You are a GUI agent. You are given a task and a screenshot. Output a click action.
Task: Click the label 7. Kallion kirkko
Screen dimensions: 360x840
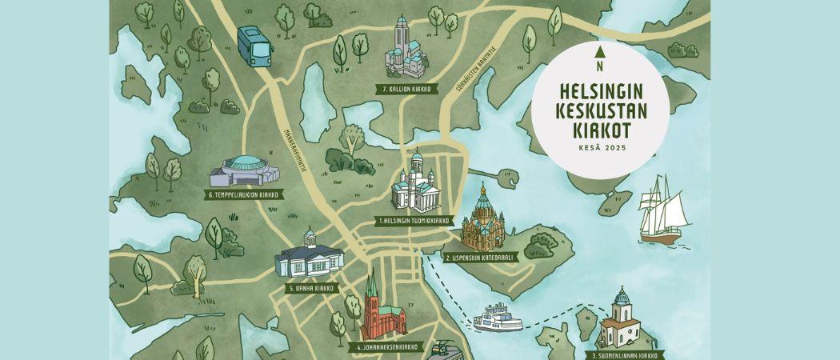(406, 90)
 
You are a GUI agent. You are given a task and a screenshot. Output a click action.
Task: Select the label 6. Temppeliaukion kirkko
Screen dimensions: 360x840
(246, 194)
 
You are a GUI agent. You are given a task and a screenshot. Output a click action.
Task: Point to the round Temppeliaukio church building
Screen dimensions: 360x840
(246, 169)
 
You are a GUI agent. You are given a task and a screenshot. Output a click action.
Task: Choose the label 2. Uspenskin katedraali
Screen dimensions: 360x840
(480, 258)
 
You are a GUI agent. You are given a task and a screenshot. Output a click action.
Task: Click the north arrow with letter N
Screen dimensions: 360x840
(600, 58)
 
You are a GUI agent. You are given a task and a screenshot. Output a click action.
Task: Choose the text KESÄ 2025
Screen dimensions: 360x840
(600, 149)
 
